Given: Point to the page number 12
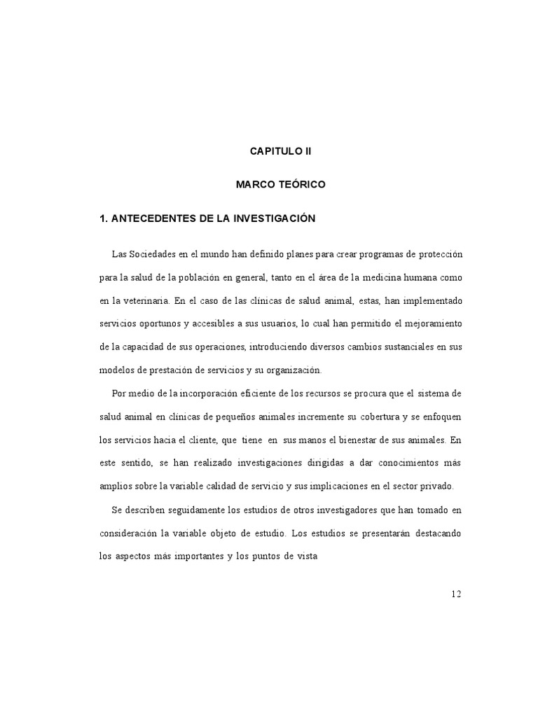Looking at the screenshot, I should (x=456, y=594).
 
